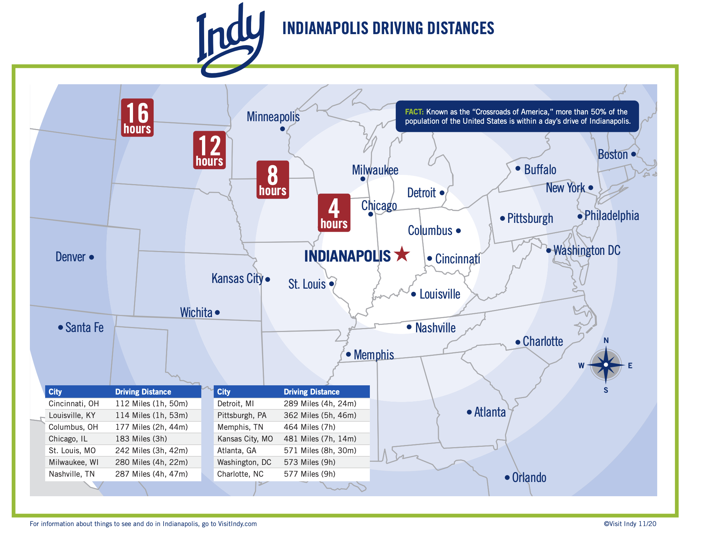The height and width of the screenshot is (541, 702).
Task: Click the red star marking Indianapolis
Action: pyautogui.click(x=402, y=254)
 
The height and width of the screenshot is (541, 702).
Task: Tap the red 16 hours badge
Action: pyautogui.click(x=137, y=118)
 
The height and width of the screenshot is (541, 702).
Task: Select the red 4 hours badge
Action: pyautogui.click(x=334, y=213)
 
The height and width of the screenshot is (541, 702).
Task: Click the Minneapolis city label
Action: pyautogui.click(x=273, y=117)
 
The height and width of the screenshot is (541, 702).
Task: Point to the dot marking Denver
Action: pyautogui.click(x=91, y=257)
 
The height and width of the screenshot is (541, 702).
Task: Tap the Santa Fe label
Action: pyautogui.click(x=84, y=327)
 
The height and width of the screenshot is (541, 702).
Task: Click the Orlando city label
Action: pyautogui.click(x=529, y=477)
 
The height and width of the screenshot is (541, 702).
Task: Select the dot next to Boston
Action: pyautogui.click(x=633, y=154)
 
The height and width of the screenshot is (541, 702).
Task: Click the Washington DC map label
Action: pyautogui.click(x=587, y=250)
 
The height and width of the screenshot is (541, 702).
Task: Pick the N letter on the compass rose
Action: pyautogui.click(x=606, y=341)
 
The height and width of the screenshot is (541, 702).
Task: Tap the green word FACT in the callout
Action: pyautogui.click(x=414, y=112)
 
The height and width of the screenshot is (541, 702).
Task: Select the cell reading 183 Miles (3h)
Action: pyautogui.click(x=141, y=439)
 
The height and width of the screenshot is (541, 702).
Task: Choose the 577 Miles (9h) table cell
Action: pyautogui.click(x=309, y=474)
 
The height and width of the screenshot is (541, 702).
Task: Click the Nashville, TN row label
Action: pyautogui.click(x=71, y=474)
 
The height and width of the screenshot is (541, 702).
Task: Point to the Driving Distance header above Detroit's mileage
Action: pyautogui.click(x=312, y=392)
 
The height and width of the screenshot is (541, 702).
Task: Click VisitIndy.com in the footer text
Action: pyautogui.click(x=237, y=524)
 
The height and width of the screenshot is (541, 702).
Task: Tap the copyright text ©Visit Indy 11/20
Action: pyautogui.click(x=630, y=524)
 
